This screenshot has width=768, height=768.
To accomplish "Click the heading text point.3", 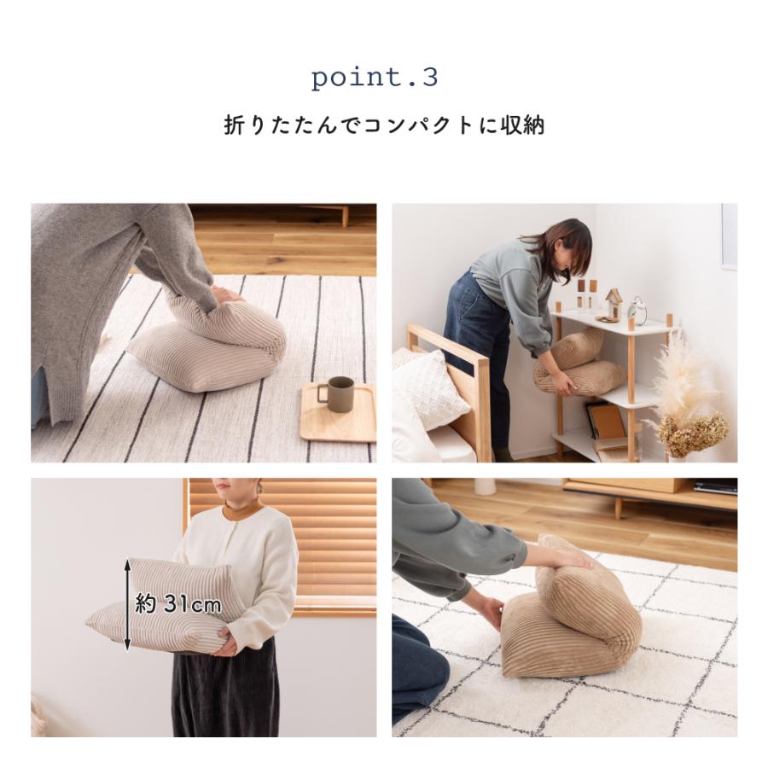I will coord(375,78).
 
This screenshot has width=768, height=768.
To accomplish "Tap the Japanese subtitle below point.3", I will coord(384,126).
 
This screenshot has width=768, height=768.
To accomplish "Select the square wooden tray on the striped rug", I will coord(340,413).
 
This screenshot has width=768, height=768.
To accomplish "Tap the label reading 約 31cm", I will coord(178,606).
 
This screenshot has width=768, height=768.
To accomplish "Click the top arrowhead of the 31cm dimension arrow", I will coord(128,563).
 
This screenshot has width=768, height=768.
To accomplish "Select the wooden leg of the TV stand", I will coord(618,508).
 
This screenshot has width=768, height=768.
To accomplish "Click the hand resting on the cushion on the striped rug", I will coord(227,294).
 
